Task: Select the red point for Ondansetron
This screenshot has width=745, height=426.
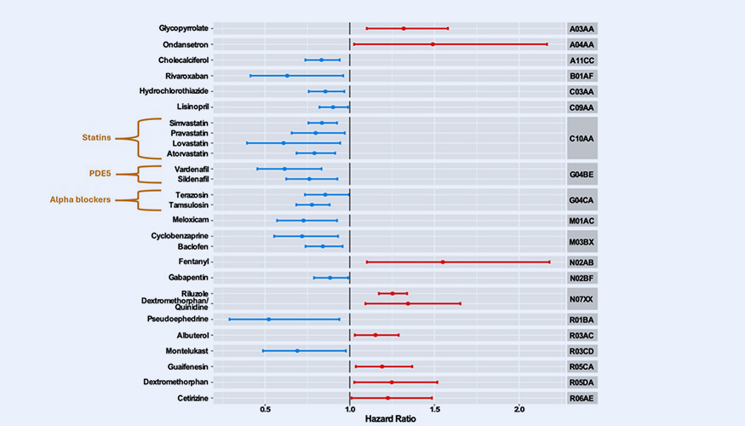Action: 433,43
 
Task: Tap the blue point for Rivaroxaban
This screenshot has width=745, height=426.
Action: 287,76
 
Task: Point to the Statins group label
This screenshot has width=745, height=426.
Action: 96,137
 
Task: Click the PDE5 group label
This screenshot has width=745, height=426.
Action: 101,174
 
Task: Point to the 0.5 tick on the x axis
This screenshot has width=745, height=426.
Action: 265,408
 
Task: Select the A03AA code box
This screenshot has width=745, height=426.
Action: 583,28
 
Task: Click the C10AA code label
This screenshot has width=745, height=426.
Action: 583,137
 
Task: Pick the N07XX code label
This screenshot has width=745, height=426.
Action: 583,298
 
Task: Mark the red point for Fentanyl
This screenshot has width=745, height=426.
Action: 443,262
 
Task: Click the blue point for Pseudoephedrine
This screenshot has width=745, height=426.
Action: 269,319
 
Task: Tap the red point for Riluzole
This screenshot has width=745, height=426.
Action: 393,293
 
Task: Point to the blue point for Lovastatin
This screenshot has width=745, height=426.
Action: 284,143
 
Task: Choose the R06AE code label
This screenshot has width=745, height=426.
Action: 583,398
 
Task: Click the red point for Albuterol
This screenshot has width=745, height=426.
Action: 375,335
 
